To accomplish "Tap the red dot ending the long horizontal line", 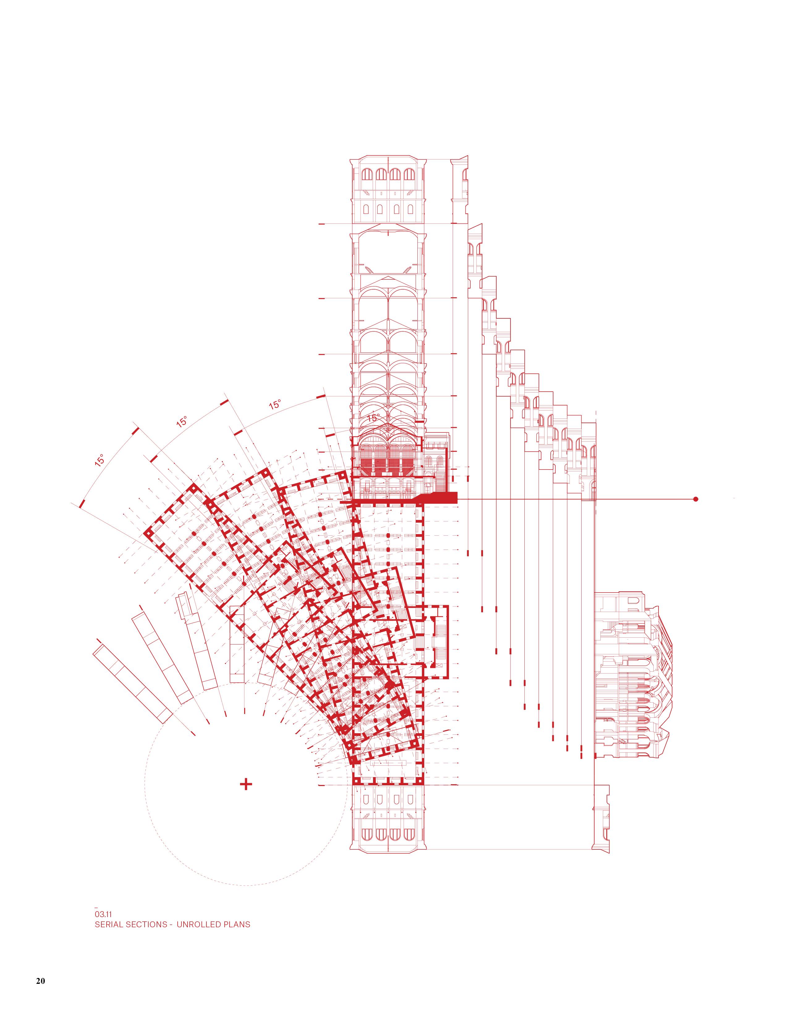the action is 696,499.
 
